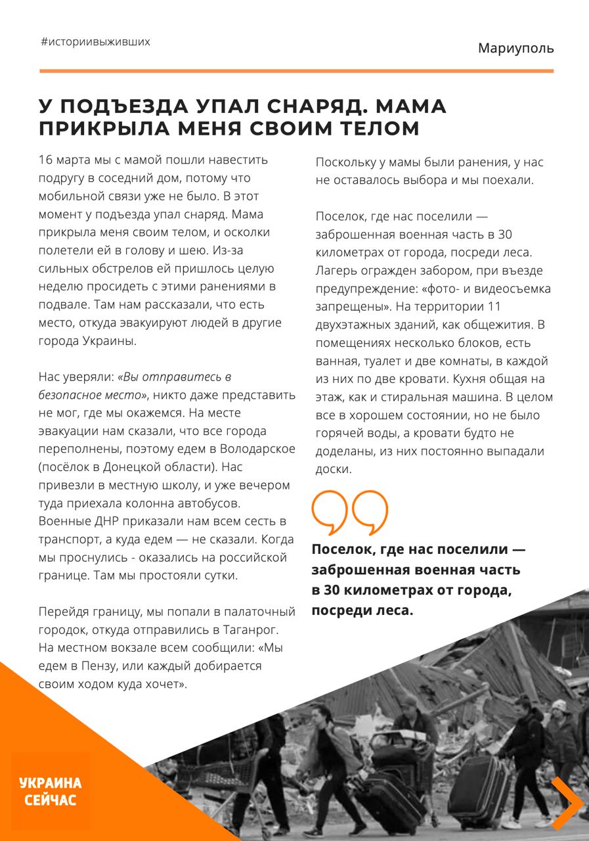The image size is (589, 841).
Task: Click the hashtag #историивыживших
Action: point(95,42)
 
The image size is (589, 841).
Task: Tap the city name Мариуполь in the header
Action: point(515,48)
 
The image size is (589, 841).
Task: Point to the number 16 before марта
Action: point(45,160)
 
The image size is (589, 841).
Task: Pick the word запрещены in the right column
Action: point(346,307)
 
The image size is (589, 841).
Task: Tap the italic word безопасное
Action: point(64,395)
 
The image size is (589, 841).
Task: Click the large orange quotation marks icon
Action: point(349,511)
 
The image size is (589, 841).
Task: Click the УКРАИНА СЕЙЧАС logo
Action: point(51,791)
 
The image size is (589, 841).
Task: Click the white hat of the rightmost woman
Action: point(559,706)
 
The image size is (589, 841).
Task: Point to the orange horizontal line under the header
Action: point(296,71)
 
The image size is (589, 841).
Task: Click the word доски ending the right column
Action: point(334,470)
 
